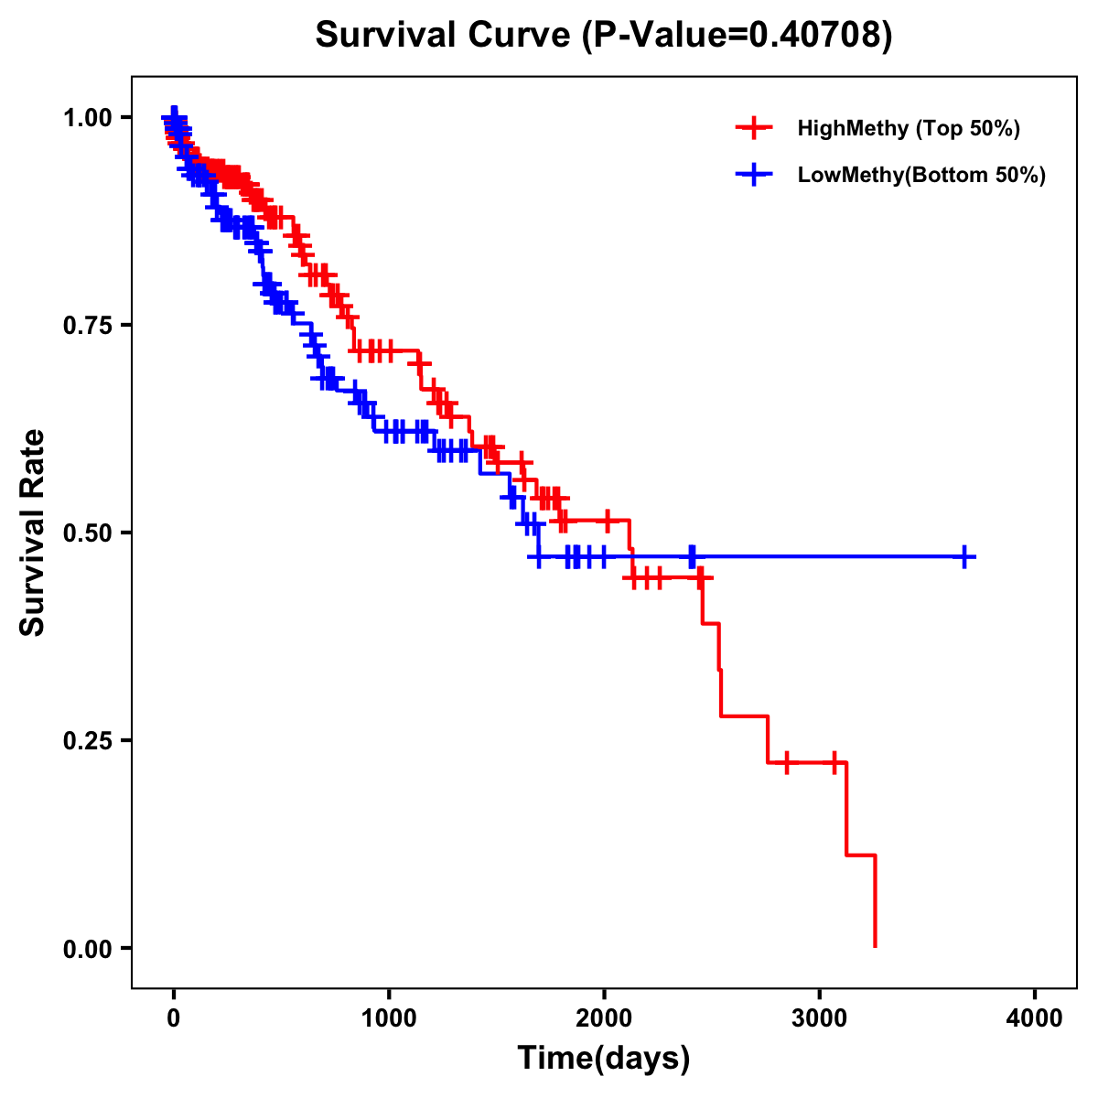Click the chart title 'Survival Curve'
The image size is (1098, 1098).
(444, 35)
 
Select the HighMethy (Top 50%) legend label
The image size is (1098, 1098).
(908, 128)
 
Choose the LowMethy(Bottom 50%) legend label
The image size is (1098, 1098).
(921, 175)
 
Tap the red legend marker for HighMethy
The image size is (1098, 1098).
(754, 128)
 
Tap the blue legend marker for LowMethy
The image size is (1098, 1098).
(754, 175)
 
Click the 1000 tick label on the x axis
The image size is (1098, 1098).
(389, 1018)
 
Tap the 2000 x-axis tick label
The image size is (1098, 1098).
(604, 1018)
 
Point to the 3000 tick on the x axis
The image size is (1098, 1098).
(820, 1018)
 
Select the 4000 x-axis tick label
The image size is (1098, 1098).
(1035, 1018)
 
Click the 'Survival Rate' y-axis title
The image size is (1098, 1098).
(33, 533)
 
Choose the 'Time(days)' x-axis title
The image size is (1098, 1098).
(604, 1059)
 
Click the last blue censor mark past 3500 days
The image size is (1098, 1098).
(964, 556)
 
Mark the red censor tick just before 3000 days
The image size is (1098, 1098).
(786, 762)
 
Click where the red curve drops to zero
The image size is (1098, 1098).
(876, 945)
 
